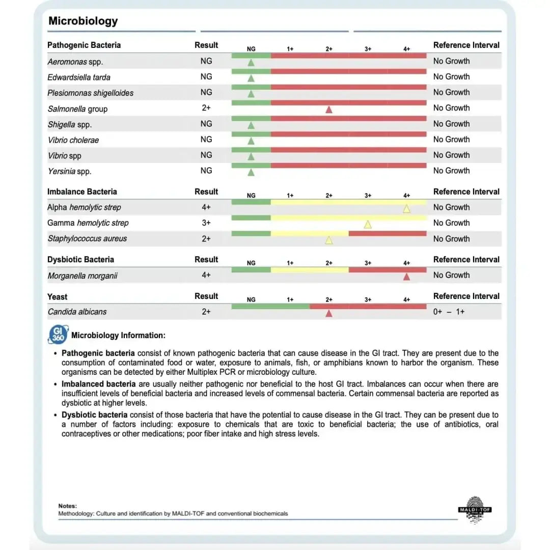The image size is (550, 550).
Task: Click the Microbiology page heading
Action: [83, 21]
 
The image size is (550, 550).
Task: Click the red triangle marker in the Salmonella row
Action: [329, 109]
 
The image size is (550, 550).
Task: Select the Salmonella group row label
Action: [77, 108]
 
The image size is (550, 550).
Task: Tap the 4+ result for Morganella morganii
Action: [206, 275]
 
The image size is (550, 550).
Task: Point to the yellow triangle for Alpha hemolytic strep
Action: [406, 208]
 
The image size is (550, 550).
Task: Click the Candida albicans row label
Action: [77, 312]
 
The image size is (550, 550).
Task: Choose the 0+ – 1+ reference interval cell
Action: [449, 312]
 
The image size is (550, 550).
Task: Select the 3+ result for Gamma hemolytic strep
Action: [206, 223]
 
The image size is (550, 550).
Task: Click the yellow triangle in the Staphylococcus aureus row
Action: [329, 240]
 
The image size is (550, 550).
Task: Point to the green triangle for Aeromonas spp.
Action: [251, 63]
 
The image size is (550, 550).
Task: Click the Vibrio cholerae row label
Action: [73, 140]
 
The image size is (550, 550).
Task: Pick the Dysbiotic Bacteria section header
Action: [80, 260]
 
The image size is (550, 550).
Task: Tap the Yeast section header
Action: [57, 296]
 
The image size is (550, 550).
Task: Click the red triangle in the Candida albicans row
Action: [329, 313]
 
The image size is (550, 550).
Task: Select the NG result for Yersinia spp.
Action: [206, 171]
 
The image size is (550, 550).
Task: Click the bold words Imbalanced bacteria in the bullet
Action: [99, 384]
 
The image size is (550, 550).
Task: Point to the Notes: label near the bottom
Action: [68, 506]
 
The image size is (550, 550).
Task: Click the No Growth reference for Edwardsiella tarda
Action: [451, 77]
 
